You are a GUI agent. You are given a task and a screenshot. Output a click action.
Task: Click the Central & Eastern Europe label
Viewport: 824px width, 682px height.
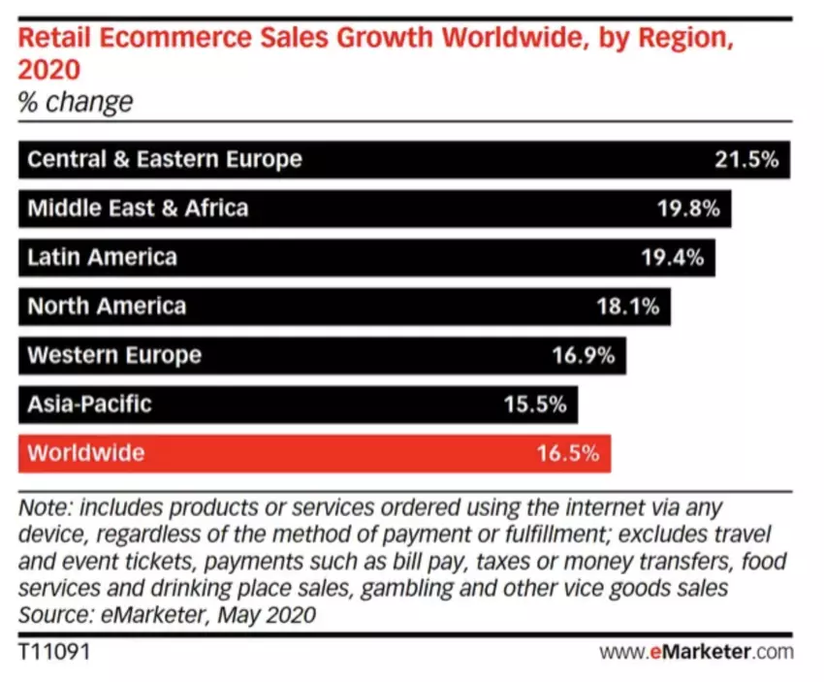point(164,159)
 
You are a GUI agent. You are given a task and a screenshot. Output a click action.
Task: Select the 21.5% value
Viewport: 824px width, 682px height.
point(746,159)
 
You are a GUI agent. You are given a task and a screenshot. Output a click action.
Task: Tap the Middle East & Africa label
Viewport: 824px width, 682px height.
point(138,208)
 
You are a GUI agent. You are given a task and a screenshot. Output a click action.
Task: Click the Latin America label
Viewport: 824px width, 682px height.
point(102,257)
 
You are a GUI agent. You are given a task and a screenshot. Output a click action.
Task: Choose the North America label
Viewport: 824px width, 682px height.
point(107,307)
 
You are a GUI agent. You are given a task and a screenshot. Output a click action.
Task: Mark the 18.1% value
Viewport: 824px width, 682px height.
point(627,307)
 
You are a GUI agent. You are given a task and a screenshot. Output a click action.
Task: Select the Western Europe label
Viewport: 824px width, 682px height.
point(114,355)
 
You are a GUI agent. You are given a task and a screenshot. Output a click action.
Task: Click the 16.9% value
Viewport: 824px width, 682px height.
point(584,355)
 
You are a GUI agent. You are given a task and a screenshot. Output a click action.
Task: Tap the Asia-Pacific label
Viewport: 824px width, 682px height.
point(89,404)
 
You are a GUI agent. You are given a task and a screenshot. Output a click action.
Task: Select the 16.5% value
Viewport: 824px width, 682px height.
point(568,453)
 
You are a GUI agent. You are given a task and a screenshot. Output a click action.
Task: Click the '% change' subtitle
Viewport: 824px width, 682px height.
point(76,102)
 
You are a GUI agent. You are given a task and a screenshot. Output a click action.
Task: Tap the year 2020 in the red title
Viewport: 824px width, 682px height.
point(48,71)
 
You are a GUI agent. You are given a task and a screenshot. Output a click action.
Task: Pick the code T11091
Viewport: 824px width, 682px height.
point(53,651)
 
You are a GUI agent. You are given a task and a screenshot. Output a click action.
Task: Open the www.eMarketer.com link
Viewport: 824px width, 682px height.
point(696,651)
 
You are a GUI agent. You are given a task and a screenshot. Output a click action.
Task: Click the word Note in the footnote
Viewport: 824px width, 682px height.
point(44,508)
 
